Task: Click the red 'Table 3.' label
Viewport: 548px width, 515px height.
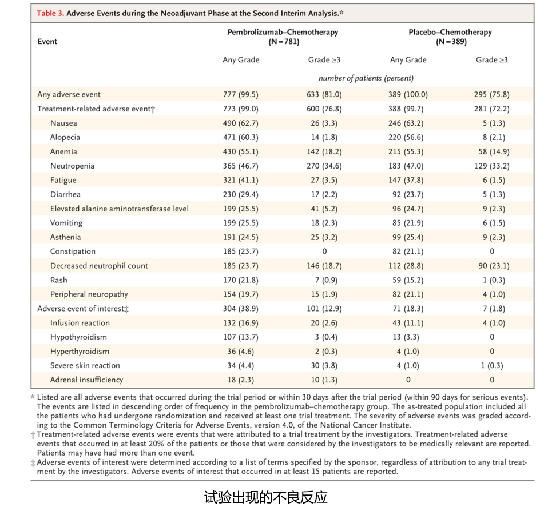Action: click(x=50, y=13)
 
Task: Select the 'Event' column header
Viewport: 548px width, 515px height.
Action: click(x=47, y=42)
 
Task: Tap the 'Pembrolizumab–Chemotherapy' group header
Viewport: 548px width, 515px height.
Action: click(x=283, y=32)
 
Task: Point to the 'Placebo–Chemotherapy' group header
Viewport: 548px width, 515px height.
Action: click(x=450, y=32)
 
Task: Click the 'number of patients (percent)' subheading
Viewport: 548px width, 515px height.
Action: click(x=366, y=78)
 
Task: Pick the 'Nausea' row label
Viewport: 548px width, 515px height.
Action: click(x=63, y=123)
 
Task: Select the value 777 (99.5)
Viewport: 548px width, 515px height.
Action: click(x=241, y=95)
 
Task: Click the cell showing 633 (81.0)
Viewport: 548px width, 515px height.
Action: click(x=324, y=95)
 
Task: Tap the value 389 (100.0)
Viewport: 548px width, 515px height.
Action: click(x=408, y=95)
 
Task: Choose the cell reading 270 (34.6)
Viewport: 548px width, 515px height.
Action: click(x=324, y=166)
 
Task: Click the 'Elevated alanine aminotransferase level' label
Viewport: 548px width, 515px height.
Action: click(x=120, y=209)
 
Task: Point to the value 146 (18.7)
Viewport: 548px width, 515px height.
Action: click(x=324, y=266)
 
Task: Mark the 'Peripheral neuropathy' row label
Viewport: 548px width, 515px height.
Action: click(x=89, y=294)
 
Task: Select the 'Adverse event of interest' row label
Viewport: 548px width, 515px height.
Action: click(x=83, y=309)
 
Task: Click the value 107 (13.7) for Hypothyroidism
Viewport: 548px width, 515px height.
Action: click(x=241, y=337)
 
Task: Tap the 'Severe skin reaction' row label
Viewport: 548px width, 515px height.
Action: click(x=85, y=366)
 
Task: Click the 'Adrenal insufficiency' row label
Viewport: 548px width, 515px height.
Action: click(x=87, y=380)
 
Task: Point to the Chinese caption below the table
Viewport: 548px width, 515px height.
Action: click(x=266, y=497)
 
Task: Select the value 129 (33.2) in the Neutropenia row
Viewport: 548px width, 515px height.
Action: click(x=492, y=166)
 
